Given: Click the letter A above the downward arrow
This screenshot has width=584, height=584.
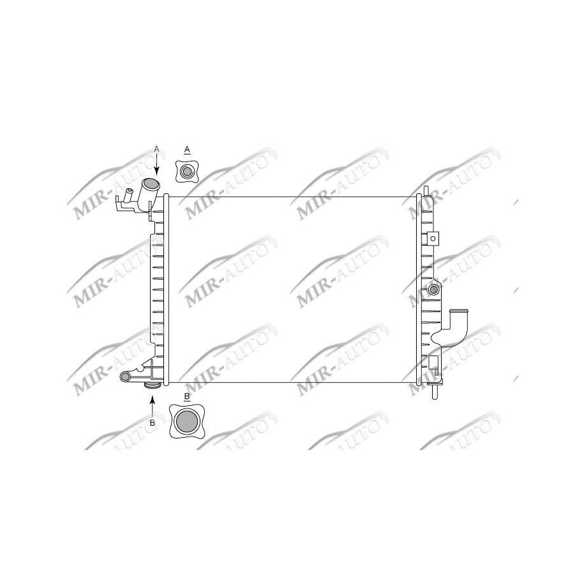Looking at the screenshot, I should click(156, 148).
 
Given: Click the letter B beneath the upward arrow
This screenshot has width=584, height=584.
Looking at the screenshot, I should click(152, 423).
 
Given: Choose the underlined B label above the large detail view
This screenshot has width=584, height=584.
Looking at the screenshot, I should click(186, 396).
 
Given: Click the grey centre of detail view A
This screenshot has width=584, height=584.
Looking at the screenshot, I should click(187, 171).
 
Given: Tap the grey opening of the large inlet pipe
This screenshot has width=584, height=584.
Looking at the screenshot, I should click(151, 184).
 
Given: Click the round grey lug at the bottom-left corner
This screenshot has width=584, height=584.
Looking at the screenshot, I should click(125, 377).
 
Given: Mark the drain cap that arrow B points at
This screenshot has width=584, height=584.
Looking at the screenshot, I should click(153, 386).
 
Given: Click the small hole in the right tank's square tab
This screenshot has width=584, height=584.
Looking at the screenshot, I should click(433, 239).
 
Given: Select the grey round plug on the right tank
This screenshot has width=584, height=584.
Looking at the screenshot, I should click(434, 290).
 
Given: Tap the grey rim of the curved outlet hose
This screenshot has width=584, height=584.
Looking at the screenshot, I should click(460, 311).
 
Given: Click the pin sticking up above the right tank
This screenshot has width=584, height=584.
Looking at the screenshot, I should click(425, 190).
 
